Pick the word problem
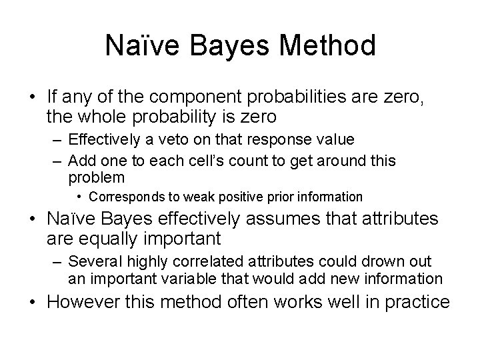pos(96,177)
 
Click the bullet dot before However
pos(32,301)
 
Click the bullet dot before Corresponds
pos(79,197)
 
